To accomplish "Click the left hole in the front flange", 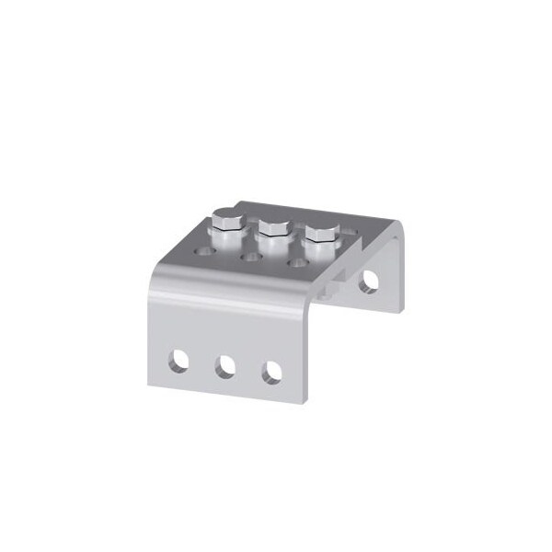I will click(x=179, y=361).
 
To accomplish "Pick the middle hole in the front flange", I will click(x=225, y=367).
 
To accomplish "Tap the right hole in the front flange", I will click(x=271, y=373).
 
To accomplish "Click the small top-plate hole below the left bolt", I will click(x=202, y=249).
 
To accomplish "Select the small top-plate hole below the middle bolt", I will click(x=249, y=257).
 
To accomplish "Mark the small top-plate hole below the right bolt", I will click(x=296, y=263).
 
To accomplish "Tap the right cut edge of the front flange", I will click(x=307, y=359).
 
